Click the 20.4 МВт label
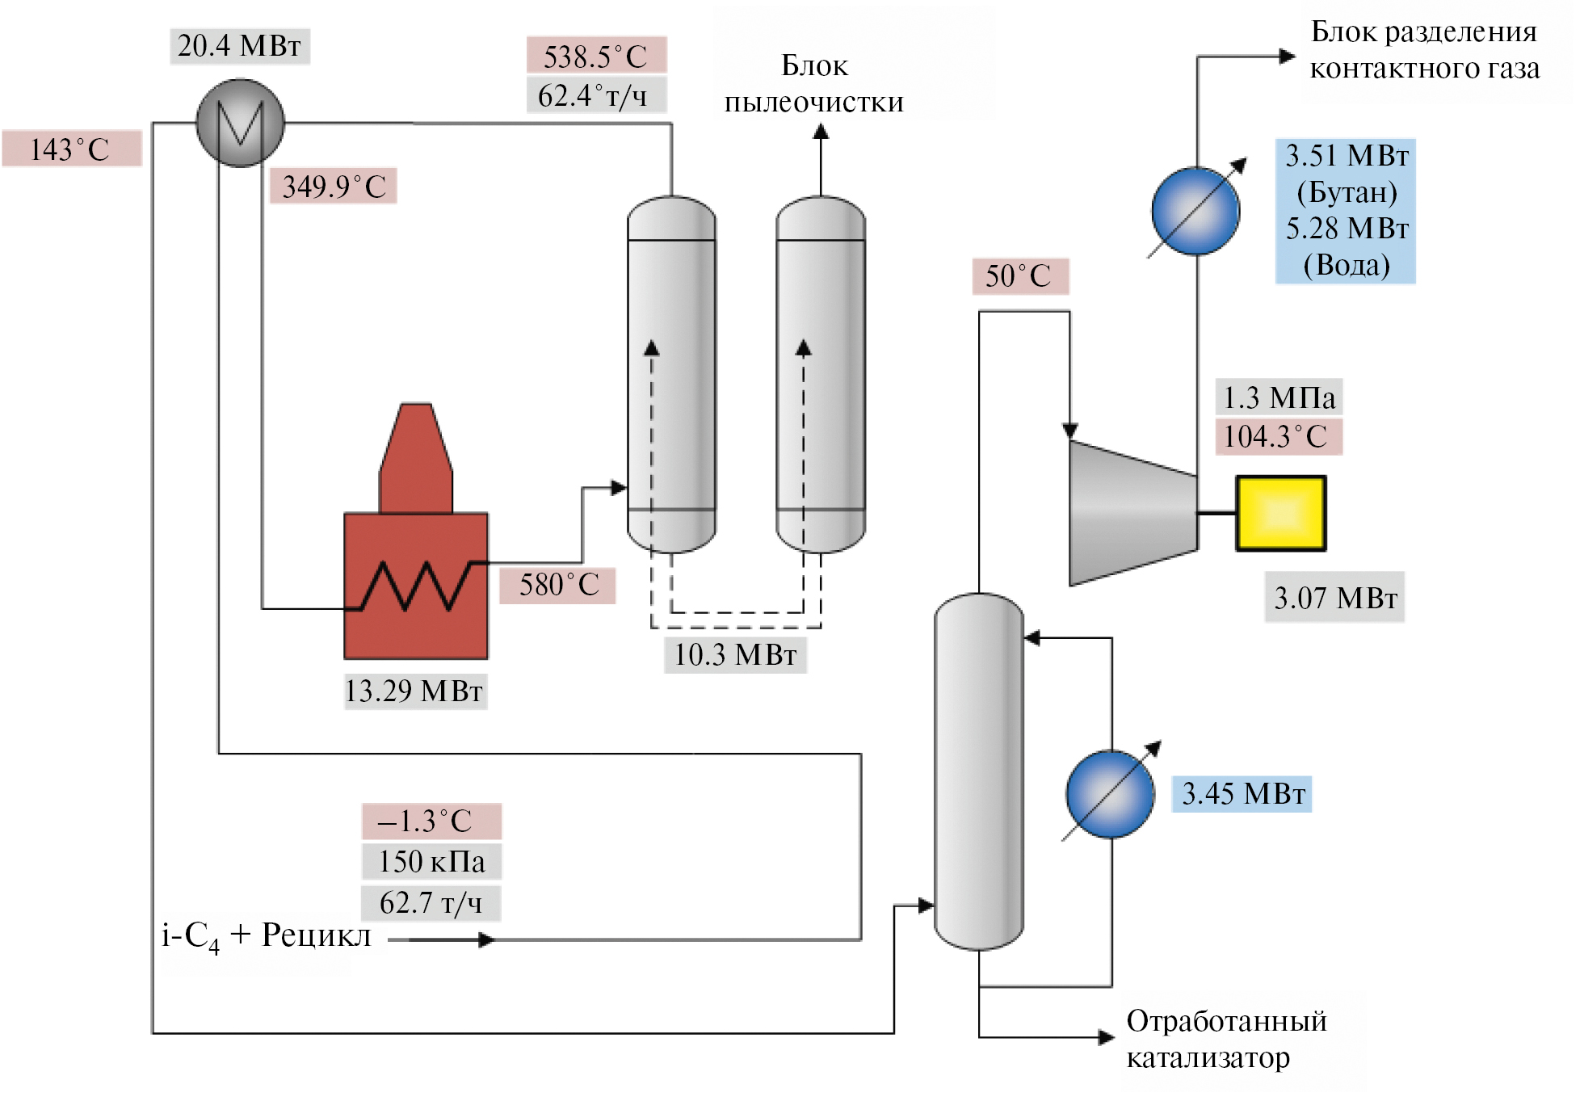(x=240, y=46)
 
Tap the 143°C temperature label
(x=71, y=149)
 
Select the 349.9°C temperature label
(x=334, y=187)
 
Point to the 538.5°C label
(x=596, y=56)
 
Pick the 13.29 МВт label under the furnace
(x=414, y=691)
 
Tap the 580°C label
(x=558, y=585)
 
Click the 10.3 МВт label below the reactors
(x=735, y=655)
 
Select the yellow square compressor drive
(x=1281, y=514)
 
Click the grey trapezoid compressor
(x=1131, y=513)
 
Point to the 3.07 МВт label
(x=1334, y=598)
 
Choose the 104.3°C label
(x=1277, y=437)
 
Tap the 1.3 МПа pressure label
(x=1279, y=397)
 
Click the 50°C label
(x=1019, y=276)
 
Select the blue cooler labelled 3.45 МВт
(x=1110, y=794)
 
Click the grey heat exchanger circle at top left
(x=240, y=123)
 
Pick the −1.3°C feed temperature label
(x=431, y=822)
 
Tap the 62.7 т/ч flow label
(x=431, y=903)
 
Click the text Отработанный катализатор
(x=1225, y=1039)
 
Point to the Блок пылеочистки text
(x=814, y=84)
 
